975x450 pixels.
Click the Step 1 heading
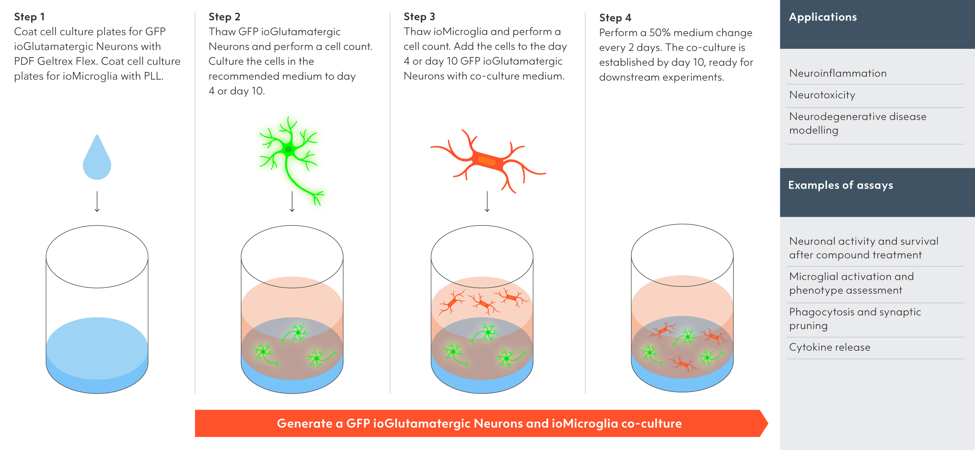[x=29, y=17]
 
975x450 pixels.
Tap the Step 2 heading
[x=224, y=17]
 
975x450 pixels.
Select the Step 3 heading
[x=419, y=17]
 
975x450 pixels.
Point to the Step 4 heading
[x=615, y=18]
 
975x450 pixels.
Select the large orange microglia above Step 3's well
[x=487, y=161]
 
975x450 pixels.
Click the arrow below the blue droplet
[x=97, y=201]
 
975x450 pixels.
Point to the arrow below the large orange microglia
[x=487, y=201]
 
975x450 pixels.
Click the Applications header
[x=823, y=17]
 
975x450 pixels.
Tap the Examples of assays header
[x=840, y=185]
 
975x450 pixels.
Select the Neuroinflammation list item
[x=838, y=73]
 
